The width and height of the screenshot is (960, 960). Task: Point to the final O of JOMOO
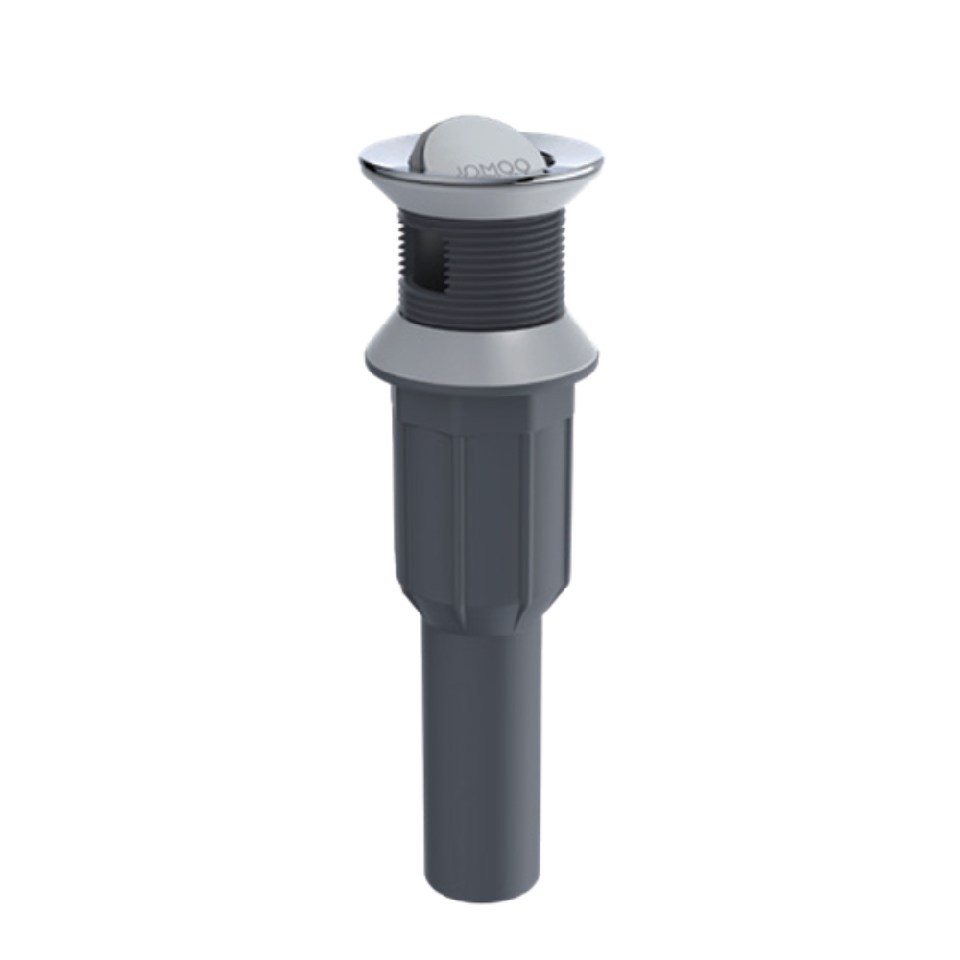tap(523, 165)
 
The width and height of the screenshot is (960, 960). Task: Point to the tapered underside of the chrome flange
tap(480, 197)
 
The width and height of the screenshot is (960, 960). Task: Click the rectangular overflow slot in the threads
tap(425, 264)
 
